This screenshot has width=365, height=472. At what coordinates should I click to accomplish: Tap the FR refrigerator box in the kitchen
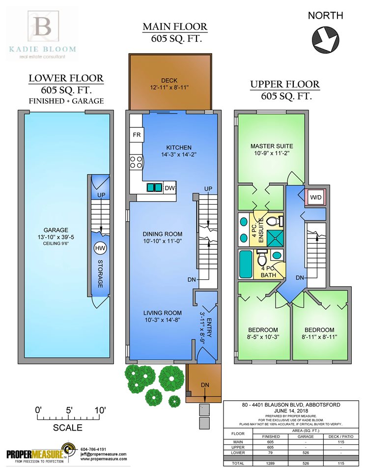[x=137, y=134]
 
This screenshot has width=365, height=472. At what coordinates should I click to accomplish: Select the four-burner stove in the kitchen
[x=136, y=162]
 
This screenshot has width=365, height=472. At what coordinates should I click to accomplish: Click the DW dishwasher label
[x=169, y=188]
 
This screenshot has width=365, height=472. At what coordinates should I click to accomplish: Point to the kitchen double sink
[x=155, y=187]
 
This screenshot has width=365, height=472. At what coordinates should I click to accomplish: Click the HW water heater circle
[x=100, y=248]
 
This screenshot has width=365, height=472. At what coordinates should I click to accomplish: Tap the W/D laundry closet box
[x=316, y=198]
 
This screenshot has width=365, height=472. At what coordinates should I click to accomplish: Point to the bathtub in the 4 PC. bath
[x=245, y=265]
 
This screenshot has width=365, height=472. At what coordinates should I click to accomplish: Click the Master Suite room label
[x=272, y=146]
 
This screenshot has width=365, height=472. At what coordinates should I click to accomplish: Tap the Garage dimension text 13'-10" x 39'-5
[x=56, y=237]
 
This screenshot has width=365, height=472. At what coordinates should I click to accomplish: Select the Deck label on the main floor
[x=169, y=80]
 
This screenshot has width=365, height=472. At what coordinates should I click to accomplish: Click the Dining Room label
[x=162, y=234]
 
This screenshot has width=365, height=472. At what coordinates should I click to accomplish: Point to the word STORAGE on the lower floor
[x=100, y=274]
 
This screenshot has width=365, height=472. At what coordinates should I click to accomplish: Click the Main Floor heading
[x=175, y=27]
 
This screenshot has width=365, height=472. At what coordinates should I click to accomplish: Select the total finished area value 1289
[x=270, y=463]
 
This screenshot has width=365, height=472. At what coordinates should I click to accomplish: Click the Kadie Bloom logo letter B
[x=43, y=27]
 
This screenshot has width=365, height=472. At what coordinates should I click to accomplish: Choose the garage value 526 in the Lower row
[x=306, y=452]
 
